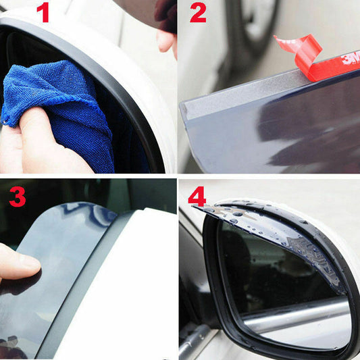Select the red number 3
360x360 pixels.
(x=18, y=197)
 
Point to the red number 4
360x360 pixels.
(x=197, y=197)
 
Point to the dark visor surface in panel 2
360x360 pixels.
(x=284, y=135)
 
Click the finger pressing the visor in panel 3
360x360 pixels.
(x=17, y=263)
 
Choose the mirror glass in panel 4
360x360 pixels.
(x=284, y=290)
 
